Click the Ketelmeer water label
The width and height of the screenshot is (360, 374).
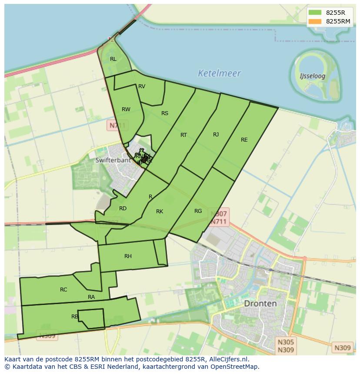(x=219, y=73)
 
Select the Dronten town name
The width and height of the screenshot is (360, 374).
(x=260, y=303)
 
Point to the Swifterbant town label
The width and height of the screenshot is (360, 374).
(x=113, y=160)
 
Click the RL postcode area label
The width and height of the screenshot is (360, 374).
(x=113, y=59)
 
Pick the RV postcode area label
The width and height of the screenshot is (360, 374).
(x=142, y=86)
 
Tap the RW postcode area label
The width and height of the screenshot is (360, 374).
(x=126, y=109)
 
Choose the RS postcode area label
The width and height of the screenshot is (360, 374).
(x=165, y=113)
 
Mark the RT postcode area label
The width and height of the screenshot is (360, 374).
(x=183, y=135)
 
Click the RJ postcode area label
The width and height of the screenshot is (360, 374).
(x=216, y=135)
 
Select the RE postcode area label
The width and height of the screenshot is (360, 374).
(x=244, y=140)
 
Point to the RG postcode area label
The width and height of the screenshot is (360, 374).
(x=198, y=211)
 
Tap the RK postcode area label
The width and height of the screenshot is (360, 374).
(x=160, y=212)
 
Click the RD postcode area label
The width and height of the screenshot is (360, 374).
(x=123, y=209)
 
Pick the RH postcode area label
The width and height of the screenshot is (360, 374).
(x=128, y=256)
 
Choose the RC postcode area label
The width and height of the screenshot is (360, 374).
(x=63, y=290)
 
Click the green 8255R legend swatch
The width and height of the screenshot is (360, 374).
(x=315, y=12)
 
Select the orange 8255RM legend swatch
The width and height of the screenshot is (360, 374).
(x=315, y=21)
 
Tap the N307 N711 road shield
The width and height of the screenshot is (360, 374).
(x=219, y=218)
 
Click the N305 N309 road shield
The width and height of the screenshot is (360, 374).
(x=286, y=346)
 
